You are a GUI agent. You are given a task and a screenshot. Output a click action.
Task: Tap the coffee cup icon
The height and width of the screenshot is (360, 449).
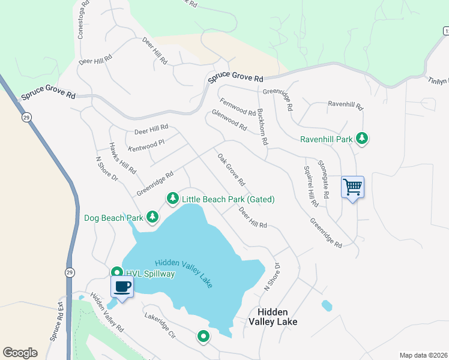click(122, 287)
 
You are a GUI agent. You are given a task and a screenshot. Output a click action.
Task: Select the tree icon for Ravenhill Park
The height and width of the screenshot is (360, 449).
click(362, 139)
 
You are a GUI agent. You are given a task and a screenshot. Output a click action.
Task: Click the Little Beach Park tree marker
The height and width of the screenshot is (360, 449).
click(173, 198)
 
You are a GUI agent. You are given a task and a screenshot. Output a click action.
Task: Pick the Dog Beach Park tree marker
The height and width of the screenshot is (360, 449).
click(153, 217)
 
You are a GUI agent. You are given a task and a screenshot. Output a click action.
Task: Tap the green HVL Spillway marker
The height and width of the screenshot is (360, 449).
click(117, 273)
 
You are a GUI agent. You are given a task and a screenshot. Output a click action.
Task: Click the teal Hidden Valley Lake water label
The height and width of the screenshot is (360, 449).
click(184, 273)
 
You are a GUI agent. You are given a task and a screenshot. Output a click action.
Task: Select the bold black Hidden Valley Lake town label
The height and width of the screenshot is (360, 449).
click(273, 317)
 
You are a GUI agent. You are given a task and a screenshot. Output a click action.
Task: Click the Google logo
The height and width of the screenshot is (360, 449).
click(20, 353)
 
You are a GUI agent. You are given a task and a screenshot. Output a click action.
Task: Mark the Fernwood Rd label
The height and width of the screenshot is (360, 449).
click(238, 107)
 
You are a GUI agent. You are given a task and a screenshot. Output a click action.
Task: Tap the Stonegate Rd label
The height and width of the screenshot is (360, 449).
click(324, 179)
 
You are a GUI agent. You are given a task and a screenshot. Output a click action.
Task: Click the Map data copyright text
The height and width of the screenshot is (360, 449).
click(423, 355)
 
